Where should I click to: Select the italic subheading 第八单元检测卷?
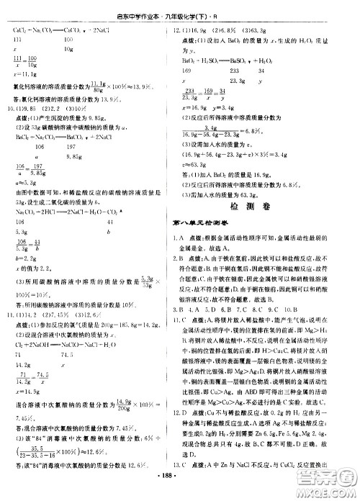pos(209,229)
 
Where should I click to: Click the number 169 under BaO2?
pos(189,71)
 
